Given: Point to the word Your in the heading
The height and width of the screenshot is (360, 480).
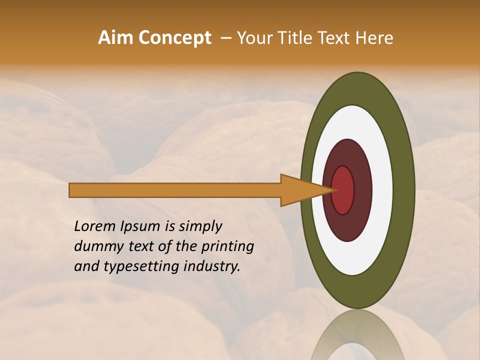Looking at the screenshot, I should (255, 38).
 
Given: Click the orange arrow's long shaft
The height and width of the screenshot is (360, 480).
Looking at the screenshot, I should (175, 190).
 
